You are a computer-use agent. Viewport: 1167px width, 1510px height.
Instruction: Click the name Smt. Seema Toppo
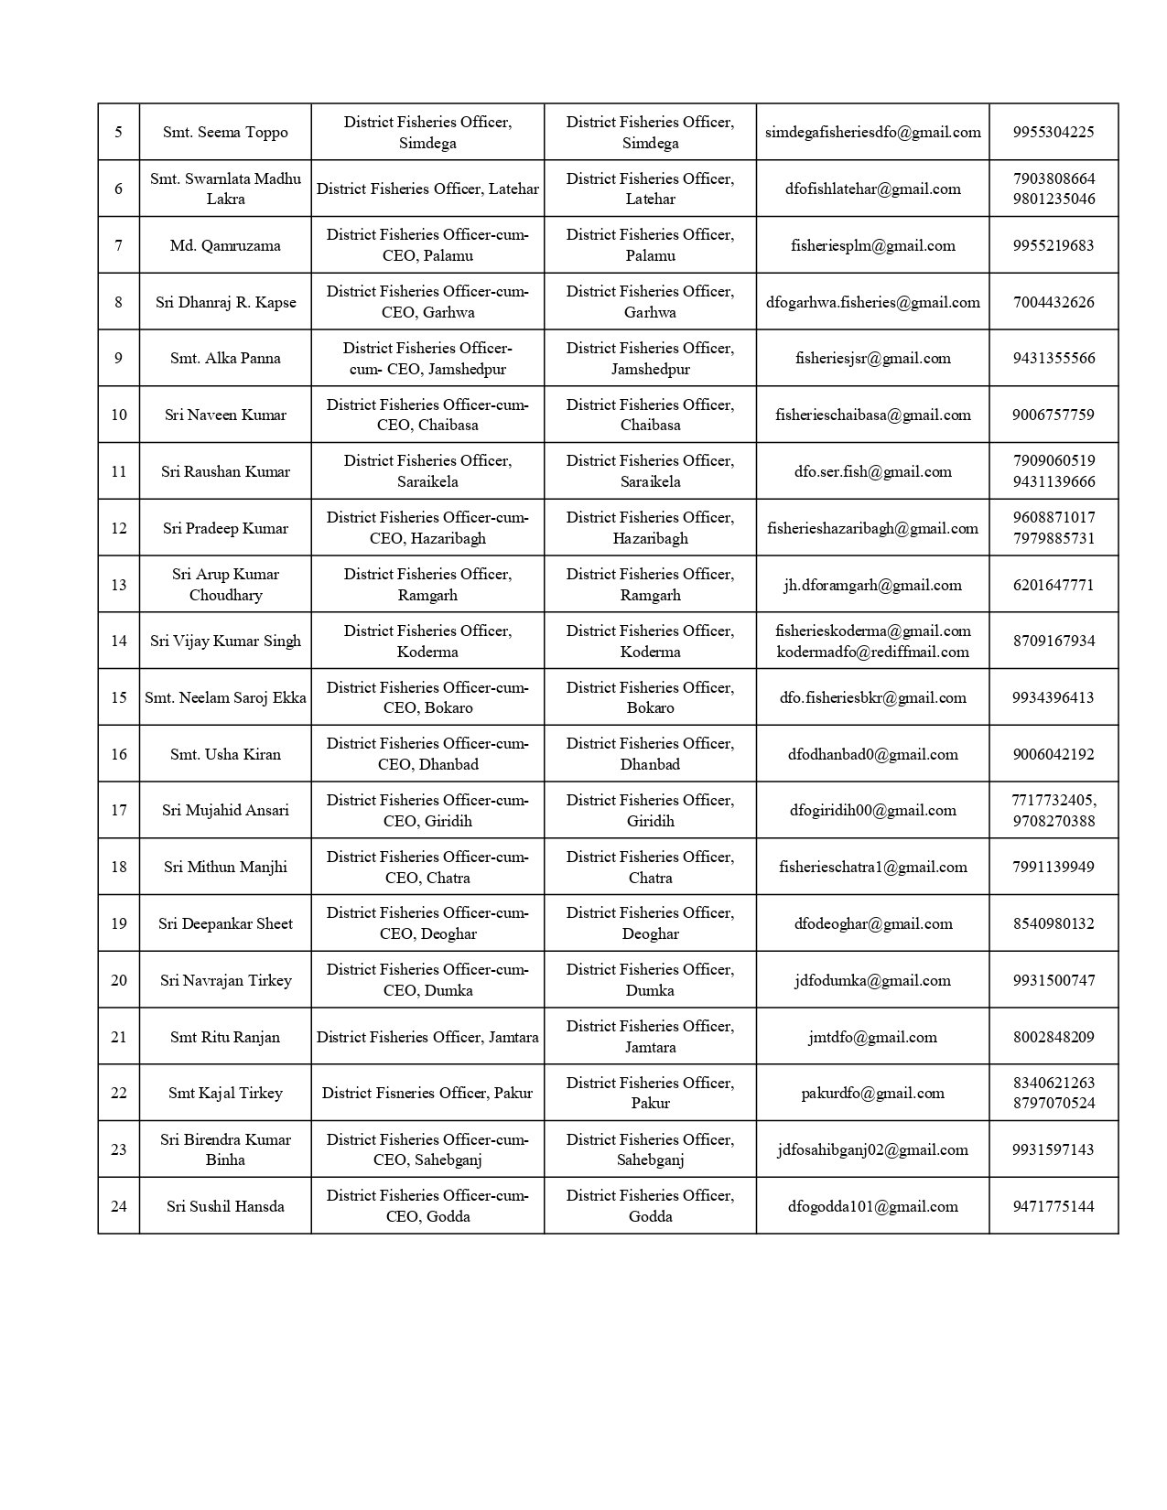tap(225, 132)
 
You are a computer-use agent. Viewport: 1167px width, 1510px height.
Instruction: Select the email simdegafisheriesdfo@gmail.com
tap(872, 132)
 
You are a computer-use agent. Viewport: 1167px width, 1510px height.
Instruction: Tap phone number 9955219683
tap(1054, 245)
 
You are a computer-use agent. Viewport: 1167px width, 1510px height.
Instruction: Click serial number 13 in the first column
tap(119, 585)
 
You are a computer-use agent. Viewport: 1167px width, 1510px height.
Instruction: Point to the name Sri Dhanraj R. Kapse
tap(225, 302)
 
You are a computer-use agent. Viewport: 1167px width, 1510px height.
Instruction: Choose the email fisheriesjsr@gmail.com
tap(872, 359)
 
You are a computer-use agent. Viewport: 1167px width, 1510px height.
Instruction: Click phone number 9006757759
tap(1054, 415)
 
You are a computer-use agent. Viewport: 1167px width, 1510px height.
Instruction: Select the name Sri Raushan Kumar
tap(225, 471)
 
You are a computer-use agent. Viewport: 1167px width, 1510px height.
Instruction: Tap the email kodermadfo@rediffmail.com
tap(872, 652)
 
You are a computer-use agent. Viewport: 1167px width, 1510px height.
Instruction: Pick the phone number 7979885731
tap(1054, 538)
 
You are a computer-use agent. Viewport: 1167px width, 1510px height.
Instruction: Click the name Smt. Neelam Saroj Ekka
tap(225, 697)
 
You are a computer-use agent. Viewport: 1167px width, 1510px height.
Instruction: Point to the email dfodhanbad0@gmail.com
tap(872, 754)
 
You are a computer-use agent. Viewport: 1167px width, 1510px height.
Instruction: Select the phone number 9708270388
tap(1054, 821)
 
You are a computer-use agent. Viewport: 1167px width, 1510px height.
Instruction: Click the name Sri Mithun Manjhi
tap(225, 867)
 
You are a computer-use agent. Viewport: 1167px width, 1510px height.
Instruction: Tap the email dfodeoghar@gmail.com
tap(872, 923)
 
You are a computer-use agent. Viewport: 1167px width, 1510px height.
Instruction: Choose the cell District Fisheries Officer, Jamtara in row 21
tap(427, 1037)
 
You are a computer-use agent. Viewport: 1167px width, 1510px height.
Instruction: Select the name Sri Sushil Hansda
tap(225, 1206)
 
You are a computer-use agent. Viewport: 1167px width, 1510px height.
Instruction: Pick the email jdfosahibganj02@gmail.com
tap(872, 1149)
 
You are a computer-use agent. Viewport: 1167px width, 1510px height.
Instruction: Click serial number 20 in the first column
tap(119, 980)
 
